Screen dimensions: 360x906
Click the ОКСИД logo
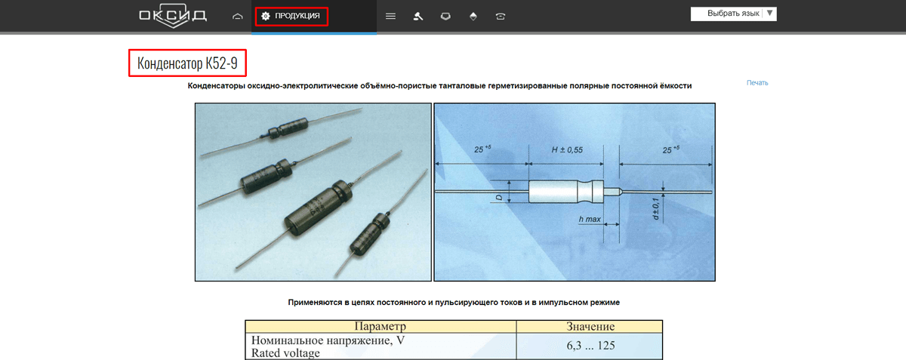point(172,16)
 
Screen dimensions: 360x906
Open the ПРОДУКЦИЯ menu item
point(291,16)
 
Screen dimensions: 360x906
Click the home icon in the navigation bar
point(238,16)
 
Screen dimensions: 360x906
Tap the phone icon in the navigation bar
point(501,16)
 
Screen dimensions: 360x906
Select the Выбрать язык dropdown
point(733,14)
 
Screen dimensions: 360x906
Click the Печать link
point(757,83)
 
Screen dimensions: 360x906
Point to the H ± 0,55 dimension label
point(566,150)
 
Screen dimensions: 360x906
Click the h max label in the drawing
point(590,219)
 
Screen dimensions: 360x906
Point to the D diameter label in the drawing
point(499,197)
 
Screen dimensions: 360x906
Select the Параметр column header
point(380,327)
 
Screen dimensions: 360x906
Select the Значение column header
point(590,327)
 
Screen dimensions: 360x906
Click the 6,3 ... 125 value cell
point(590,346)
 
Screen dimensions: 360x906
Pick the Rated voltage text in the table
point(285,352)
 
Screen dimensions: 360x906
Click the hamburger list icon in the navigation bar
point(390,16)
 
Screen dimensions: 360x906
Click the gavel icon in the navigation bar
point(418,16)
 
